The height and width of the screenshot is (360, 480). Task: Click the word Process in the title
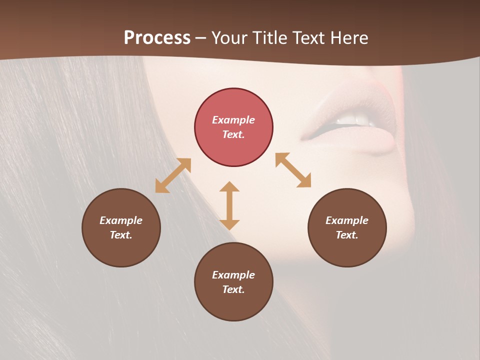[x=157, y=38]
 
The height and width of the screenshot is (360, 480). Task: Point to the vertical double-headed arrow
[x=229, y=205]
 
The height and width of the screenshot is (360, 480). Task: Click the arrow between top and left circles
[x=173, y=175]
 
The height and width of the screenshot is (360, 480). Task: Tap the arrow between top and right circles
[x=293, y=170]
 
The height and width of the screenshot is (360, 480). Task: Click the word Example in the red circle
[x=233, y=120]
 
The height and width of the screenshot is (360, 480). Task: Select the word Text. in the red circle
[x=233, y=134]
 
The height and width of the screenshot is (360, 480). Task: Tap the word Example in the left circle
[x=121, y=220]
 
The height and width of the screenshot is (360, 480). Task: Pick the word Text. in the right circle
[x=347, y=235]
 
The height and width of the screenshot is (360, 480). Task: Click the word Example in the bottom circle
[x=233, y=275]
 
